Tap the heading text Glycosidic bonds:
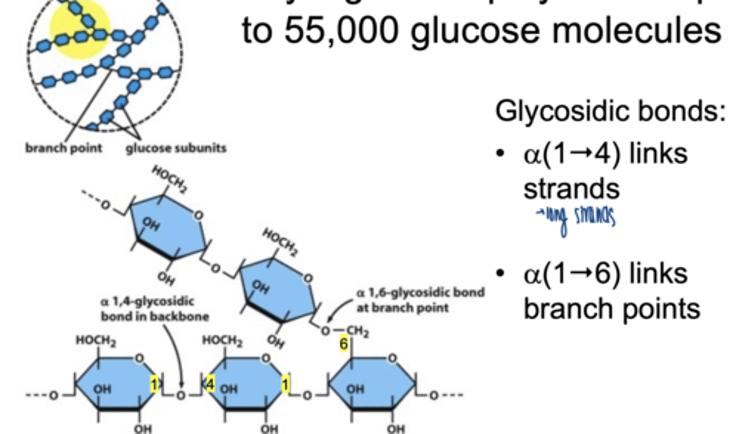coord(610,111)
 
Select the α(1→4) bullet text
coord(605,154)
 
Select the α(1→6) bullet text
coord(605,273)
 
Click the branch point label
coord(64,148)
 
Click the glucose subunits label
coord(176,148)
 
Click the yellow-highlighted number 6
coord(343,344)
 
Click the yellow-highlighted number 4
coord(210,384)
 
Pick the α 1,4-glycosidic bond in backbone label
coord(154,309)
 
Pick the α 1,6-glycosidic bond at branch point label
coord(420,300)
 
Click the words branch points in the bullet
coord(611,309)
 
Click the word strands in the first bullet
coord(571,189)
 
